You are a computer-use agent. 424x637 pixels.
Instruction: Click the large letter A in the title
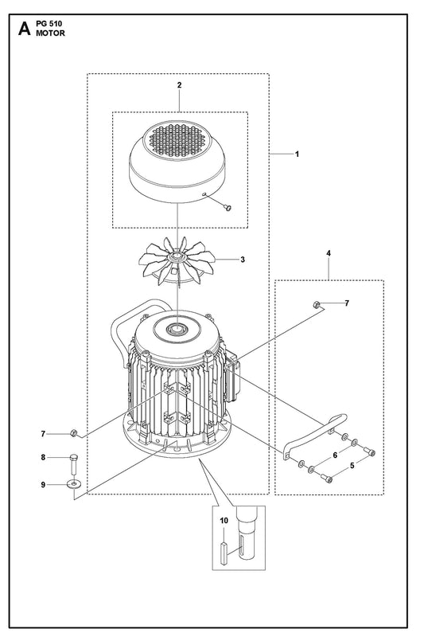coord(25,29)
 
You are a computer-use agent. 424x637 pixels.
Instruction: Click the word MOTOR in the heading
coord(50,33)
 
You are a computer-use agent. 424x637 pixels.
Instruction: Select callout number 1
coord(297,154)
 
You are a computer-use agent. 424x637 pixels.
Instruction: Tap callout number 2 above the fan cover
coord(179,85)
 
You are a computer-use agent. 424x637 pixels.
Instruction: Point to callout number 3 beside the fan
coord(243,260)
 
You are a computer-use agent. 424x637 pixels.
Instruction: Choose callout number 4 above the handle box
coord(329,253)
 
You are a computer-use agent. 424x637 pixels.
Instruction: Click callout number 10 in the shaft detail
coord(224,521)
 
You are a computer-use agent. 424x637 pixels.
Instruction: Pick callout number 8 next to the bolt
coord(44,457)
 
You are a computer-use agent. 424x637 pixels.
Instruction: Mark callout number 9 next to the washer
coord(44,485)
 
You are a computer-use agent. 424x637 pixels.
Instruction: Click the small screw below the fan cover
coord(228,208)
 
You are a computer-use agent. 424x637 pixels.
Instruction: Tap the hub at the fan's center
coord(177,256)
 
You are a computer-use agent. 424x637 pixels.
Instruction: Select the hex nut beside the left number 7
coord(73,433)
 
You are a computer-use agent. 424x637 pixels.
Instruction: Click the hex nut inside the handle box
coord(317,304)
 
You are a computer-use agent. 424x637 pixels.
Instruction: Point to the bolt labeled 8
coord(73,464)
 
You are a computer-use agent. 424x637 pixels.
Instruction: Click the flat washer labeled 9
coord(73,485)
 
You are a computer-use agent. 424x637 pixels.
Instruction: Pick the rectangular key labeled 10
coord(224,553)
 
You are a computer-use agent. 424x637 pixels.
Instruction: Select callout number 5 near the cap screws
coord(352,466)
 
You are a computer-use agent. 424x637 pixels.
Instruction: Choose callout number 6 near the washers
coord(335,455)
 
